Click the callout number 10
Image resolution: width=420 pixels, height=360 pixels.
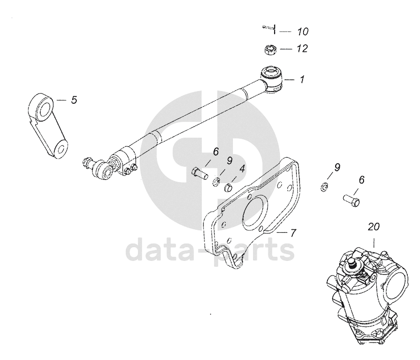pyautogui.click(x=303, y=32)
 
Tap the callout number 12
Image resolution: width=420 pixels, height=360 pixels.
pyautogui.click(x=302, y=48)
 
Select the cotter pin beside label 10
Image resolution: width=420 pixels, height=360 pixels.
pyautogui.click(x=269, y=28)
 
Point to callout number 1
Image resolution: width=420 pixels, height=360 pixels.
pyautogui.click(x=302, y=79)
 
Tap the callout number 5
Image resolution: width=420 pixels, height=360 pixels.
pyautogui.click(x=74, y=100)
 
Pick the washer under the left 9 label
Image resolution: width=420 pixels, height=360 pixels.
pyautogui.click(x=216, y=183)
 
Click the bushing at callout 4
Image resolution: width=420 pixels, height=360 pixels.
pyautogui.click(x=228, y=188)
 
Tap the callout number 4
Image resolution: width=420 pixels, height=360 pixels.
pyautogui.click(x=242, y=169)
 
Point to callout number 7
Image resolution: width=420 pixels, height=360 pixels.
pyautogui.click(x=293, y=233)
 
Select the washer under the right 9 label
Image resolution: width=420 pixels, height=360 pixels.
pyautogui.click(x=323, y=186)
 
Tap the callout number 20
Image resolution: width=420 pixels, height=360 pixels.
pyautogui.click(x=374, y=227)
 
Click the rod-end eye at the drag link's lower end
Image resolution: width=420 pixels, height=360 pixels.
pyautogui.click(x=101, y=169)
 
